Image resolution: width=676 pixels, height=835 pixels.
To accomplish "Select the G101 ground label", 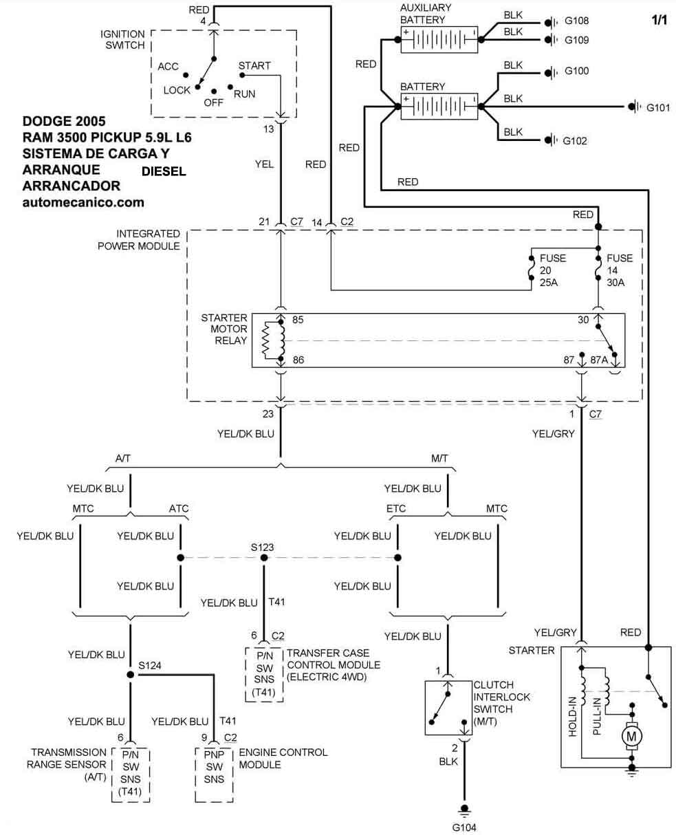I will tap(658, 107).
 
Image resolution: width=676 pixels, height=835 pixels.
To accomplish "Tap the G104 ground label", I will tap(464, 828).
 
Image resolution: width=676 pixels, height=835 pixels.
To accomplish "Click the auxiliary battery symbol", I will tap(439, 40).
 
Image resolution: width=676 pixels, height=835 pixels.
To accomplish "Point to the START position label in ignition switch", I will tap(254, 66).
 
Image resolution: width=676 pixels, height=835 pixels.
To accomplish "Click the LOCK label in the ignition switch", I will tap(177, 90).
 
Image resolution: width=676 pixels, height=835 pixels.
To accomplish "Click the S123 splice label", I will tap(262, 546).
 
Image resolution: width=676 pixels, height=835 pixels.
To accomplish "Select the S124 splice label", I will tap(149, 665).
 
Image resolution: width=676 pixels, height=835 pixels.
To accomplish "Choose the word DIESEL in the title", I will tap(164, 171).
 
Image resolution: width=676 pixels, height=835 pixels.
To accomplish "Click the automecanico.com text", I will tap(83, 202).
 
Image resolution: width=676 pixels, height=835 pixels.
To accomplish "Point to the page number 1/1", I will tap(659, 20).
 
